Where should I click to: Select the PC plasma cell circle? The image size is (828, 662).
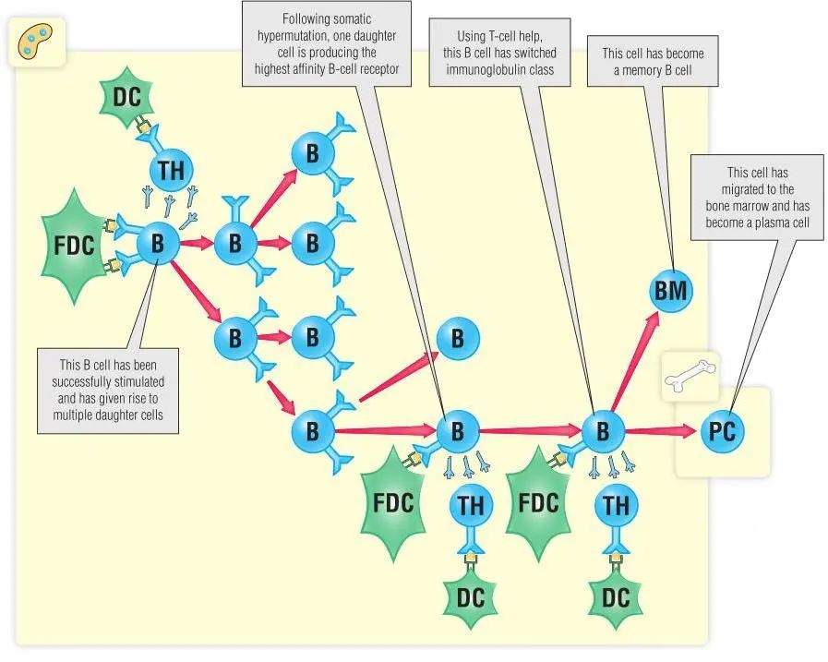pos(721,431)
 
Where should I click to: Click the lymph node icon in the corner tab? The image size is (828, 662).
pos(36,42)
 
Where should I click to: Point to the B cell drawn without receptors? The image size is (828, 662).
pos(457,340)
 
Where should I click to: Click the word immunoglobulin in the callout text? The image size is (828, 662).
pos(499,68)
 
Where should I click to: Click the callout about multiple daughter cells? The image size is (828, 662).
pos(108,390)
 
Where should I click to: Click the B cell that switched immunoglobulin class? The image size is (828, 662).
pos(603,431)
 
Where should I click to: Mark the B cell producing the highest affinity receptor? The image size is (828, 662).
pos(457,431)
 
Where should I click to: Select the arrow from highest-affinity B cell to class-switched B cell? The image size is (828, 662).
pos(529,430)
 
